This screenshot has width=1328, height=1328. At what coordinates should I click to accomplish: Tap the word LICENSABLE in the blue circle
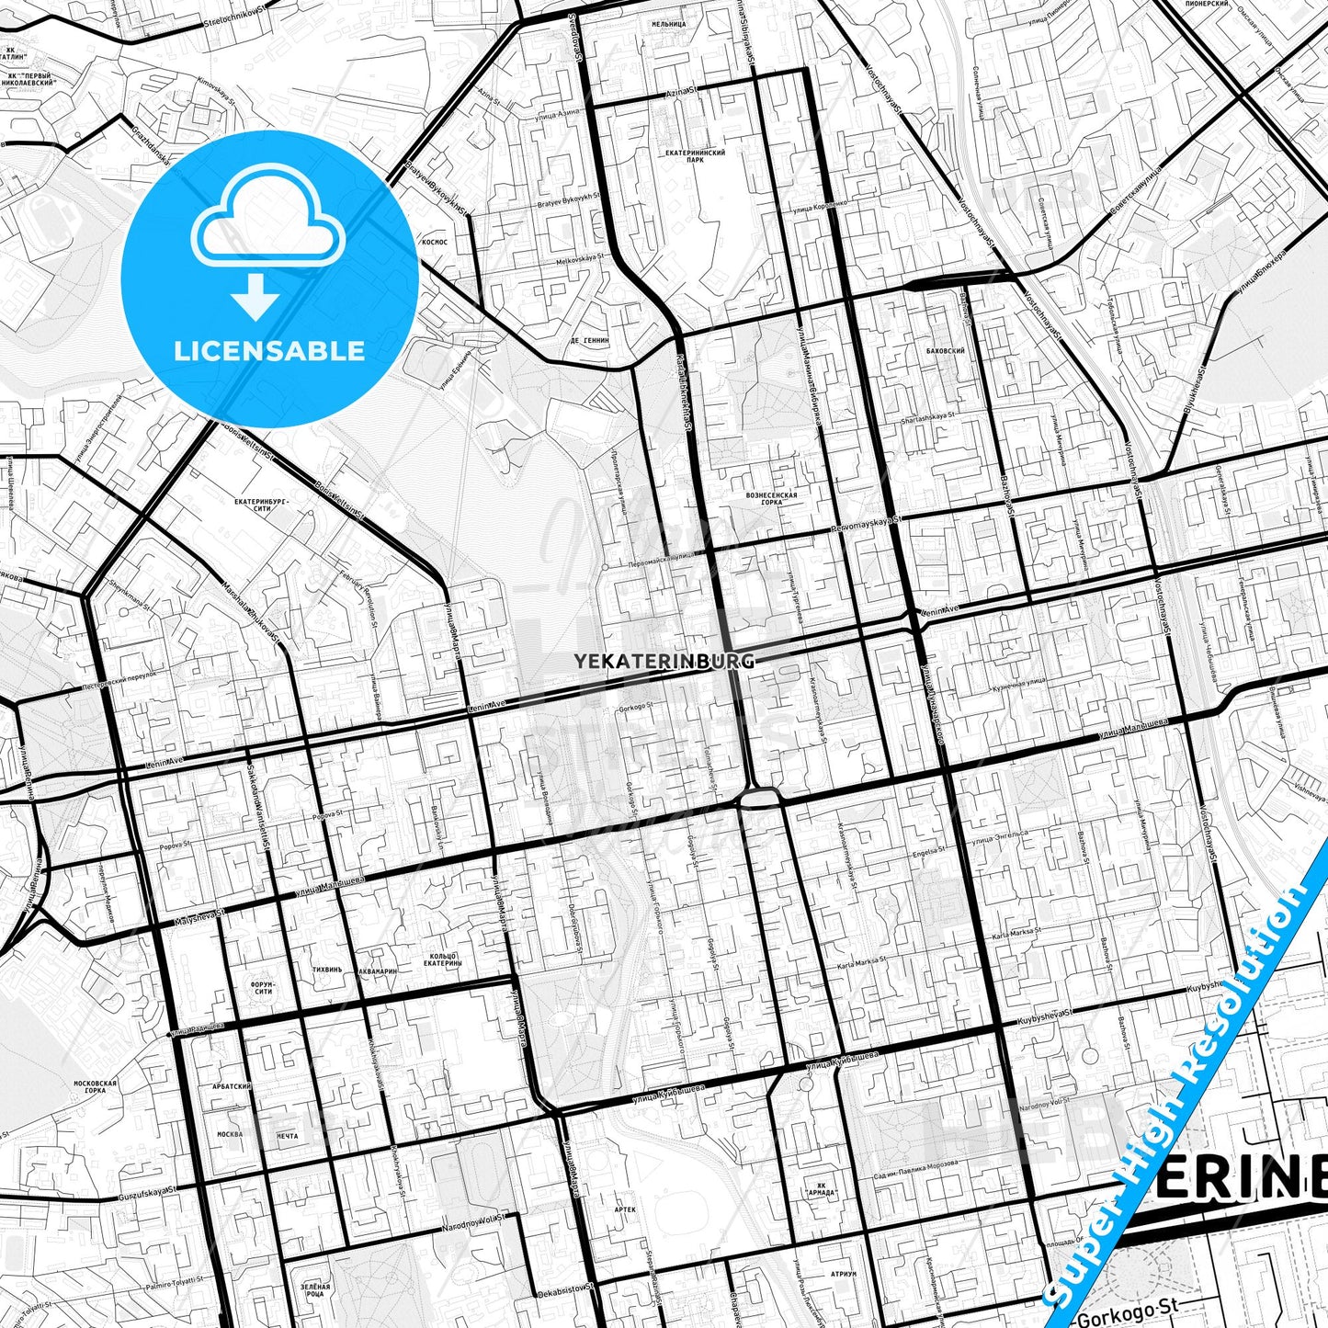pos(269,350)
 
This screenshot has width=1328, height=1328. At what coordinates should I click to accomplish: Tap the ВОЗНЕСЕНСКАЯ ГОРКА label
pos(771,498)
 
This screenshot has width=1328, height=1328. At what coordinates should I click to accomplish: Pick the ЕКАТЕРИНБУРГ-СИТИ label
pos(262,505)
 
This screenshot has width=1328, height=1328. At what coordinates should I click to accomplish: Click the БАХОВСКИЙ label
pos(946,351)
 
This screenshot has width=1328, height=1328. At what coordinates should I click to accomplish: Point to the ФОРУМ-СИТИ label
pos(262,987)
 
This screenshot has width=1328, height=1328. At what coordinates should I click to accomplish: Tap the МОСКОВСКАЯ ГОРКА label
pos(96,1089)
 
